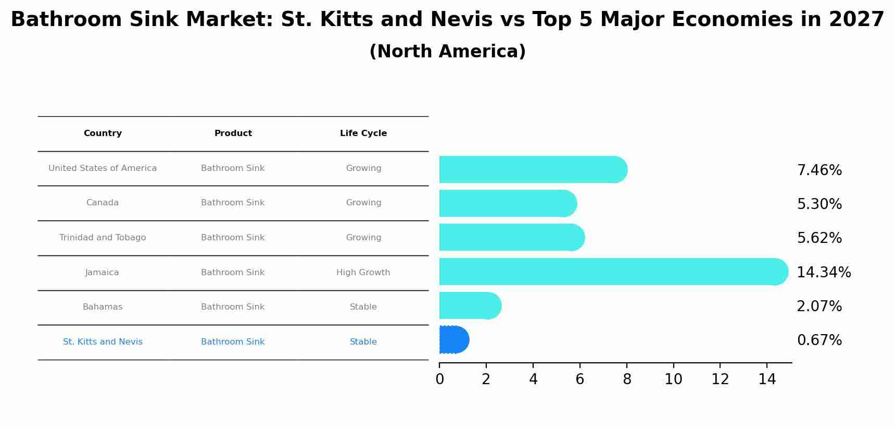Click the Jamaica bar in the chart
(609, 272)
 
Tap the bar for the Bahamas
(469, 305)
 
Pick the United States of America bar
(531, 169)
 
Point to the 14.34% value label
(824, 273)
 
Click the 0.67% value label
(819, 340)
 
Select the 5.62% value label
(819, 238)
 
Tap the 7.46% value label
(819, 170)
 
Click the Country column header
(103, 133)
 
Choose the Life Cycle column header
(363, 133)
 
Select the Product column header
(233, 133)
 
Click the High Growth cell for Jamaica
(363, 273)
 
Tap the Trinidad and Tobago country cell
(103, 238)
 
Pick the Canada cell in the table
(103, 203)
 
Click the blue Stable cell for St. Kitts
(363, 342)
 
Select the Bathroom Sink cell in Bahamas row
(233, 307)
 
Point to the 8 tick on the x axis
(627, 379)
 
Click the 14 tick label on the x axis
(767, 379)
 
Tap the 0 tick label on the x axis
(439, 379)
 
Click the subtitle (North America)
(447, 52)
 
